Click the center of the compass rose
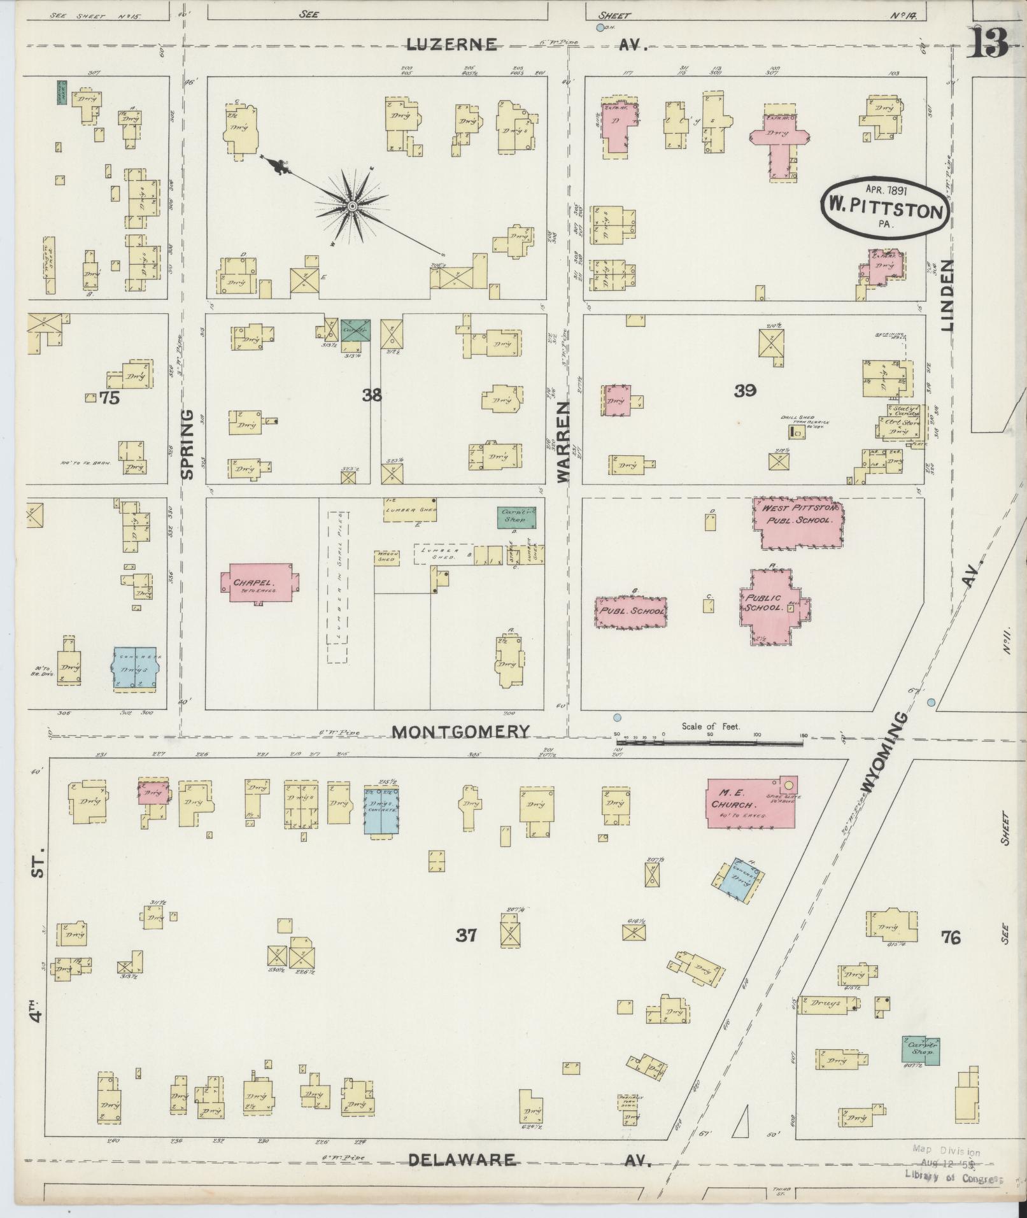click(x=351, y=206)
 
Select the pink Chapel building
click(x=258, y=583)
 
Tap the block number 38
click(x=372, y=395)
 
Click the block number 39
click(x=744, y=391)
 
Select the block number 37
click(x=466, y=935)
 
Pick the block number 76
click(x=950, y=937)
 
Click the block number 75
click(x=110, y=398)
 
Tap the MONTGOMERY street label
click(x=460, y=732)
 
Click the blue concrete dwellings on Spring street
click(x=135, y=669)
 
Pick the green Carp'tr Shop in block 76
click(x=921, y=1050)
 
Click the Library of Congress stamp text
click(x=949, y=1179)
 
